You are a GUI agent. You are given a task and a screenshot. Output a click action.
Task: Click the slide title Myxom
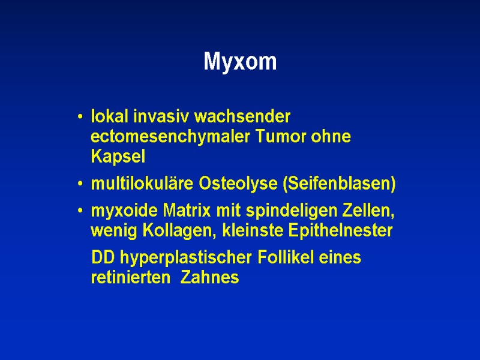click(x=240, y=61)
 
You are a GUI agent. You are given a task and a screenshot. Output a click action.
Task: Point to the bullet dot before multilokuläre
click(x=80, y=185)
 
